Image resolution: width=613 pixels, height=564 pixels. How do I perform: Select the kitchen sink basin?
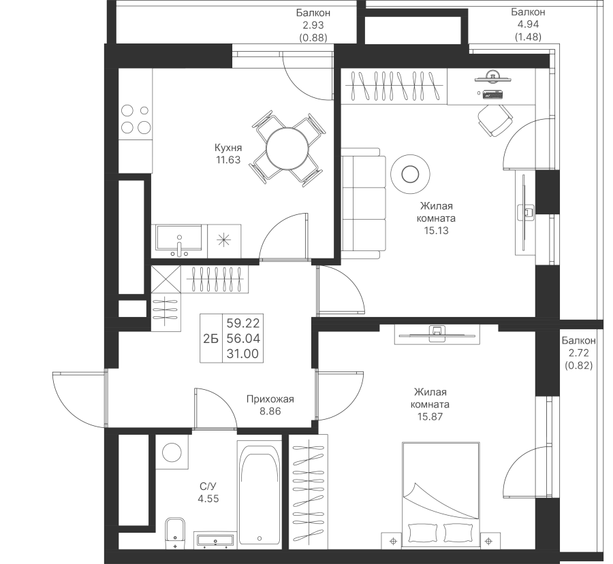(178, 239)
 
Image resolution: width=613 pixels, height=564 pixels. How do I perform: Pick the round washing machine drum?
(171, 452)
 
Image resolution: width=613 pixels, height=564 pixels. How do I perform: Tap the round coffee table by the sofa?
(410, 173)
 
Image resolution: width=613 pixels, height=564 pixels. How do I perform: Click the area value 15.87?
(430, 417)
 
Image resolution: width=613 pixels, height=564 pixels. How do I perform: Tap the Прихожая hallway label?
(270, 399)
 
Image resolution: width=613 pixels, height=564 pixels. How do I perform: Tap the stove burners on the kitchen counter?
(135, 118)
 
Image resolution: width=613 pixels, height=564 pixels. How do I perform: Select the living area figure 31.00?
(242, 354)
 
